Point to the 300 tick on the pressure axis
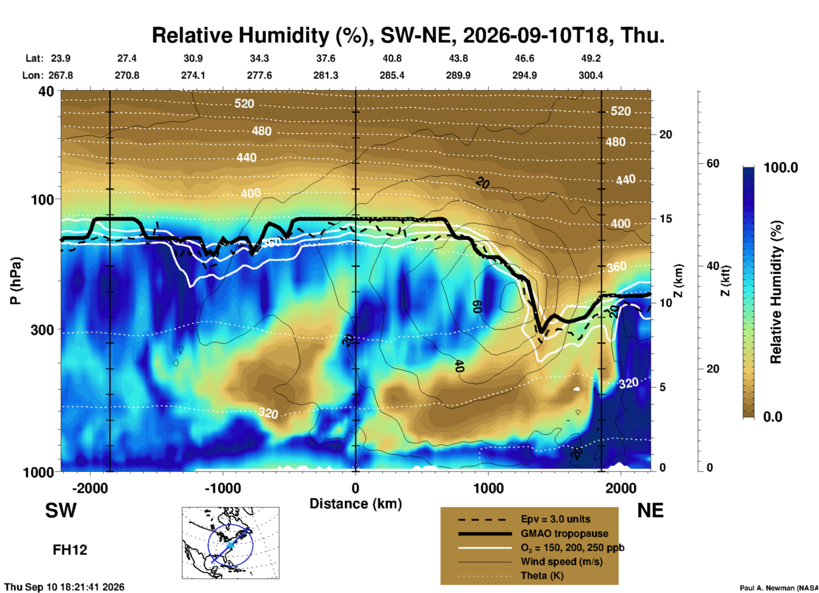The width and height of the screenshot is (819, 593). pyautogui.click(x=42, y=330)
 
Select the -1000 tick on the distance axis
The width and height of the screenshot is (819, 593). pyautogui.click(x=223, y=488)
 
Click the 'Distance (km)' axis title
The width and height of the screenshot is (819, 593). pyautogui.click(x=355, y=504)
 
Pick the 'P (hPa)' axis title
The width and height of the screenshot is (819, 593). pyautogui.click(x=15, y=281)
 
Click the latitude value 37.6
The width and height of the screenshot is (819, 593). pyautogui.click(x=326, y=58)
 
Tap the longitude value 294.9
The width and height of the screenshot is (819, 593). pyautogui.click(x=524, y=75)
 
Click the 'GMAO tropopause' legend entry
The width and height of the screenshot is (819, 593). pyautogui.click(x=564, y=533)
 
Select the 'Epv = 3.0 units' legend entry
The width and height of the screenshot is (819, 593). pyautogui.click(x=555, y=519)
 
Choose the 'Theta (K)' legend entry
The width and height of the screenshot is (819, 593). pyautogui.click(x=542, y=576)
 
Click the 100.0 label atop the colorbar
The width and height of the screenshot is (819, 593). pyautogui.click(x=781, y=168)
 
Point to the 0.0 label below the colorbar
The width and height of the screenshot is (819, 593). pyautogui.click(x=773, y=417)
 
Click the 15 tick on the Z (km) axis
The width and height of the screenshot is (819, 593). pyautogui.click(x=665, y=219)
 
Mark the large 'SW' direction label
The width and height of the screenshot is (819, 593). pyautogui.click(x=61, y=510)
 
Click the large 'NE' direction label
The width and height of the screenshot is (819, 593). pyautogui.click(x=650, y=510)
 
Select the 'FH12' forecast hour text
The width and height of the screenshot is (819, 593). pyautogui.click(x=70, y=550)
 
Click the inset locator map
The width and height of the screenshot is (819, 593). pyautogui.click(x=230, y=543)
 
